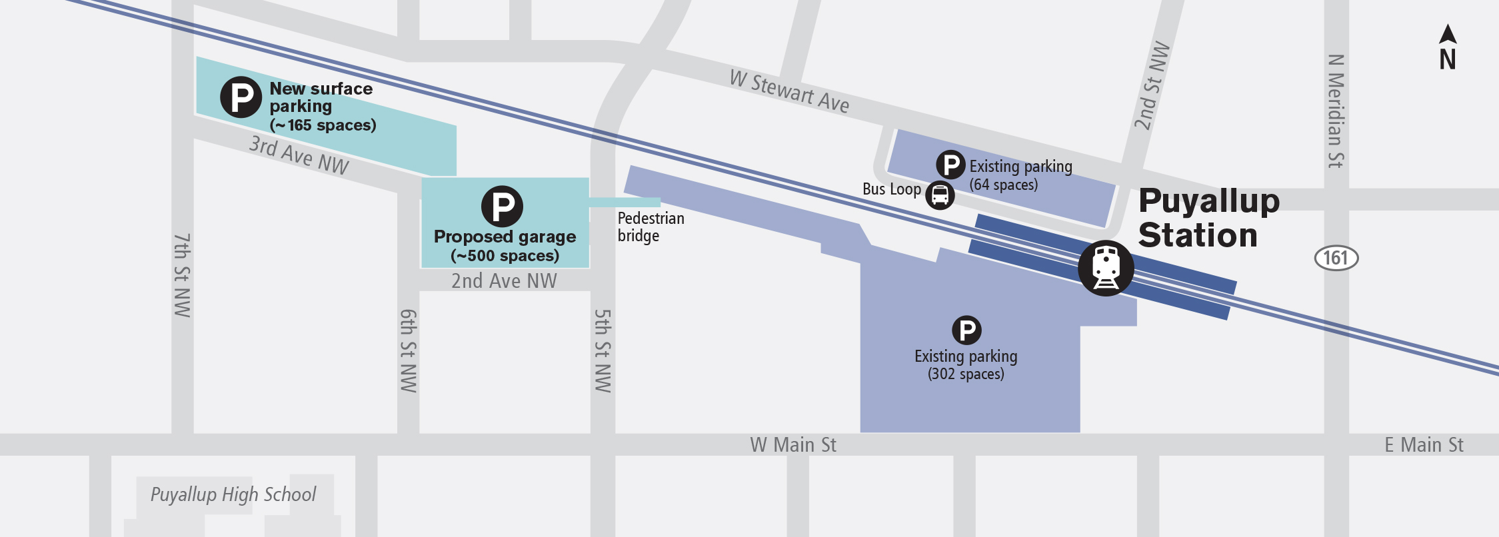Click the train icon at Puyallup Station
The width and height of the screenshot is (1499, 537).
(1106, 268)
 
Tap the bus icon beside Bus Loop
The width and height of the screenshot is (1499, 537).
(940, 195)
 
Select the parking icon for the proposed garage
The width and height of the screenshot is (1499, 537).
(502, 206)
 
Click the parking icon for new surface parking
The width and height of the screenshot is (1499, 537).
(241, 97)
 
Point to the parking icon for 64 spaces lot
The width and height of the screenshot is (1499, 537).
(950, 165)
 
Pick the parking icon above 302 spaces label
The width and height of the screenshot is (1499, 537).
(966, 330)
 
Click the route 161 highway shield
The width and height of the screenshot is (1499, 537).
(1336, 258)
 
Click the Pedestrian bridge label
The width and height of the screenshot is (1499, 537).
(650, 227)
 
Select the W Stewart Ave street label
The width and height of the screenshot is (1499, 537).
(789, 92)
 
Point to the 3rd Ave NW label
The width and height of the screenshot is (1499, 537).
(299, 155)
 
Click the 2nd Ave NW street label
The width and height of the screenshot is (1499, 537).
(504, 281)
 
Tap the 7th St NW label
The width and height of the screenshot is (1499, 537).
(182, 274)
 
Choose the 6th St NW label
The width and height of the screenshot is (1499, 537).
(408, 350)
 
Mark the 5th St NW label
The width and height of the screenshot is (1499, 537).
(602, 350)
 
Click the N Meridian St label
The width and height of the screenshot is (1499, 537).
(1336, 111)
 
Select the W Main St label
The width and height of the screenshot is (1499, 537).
(792, 444)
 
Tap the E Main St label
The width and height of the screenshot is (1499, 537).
(1424, 444)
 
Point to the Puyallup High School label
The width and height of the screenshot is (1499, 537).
(233, 494)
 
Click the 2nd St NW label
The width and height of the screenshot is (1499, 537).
(1152, 85)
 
